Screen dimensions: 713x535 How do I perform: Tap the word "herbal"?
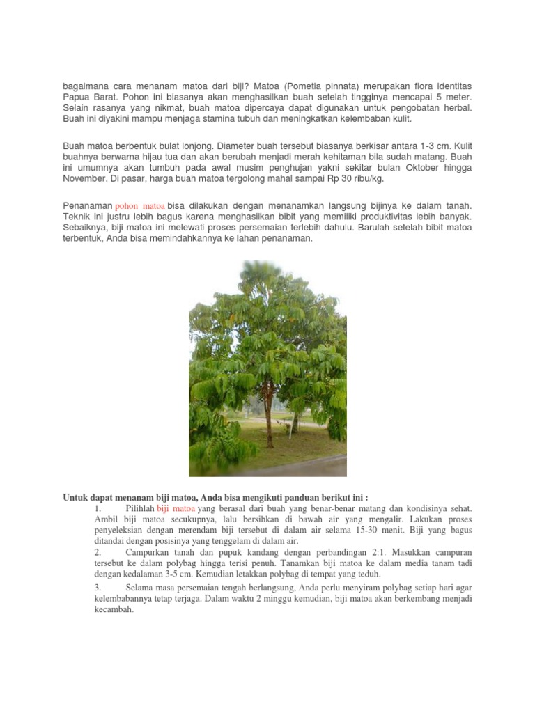point(456,108)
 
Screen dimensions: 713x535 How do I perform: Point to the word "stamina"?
point(258,119)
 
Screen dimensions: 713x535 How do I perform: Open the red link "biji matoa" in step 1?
point(176,509)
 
